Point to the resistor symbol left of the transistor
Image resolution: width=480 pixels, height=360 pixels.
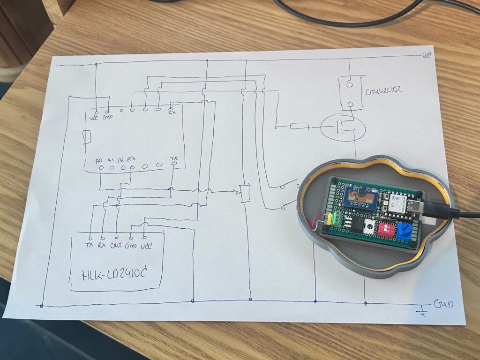click(x=299, y=126)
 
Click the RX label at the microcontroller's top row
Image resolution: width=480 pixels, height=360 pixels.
click(x=172, y=112)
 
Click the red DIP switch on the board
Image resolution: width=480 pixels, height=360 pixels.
click(x=387, y=229)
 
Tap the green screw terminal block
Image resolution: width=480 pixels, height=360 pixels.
click(x=336, y=218)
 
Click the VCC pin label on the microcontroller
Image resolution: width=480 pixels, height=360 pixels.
click(x=93, y=118)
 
